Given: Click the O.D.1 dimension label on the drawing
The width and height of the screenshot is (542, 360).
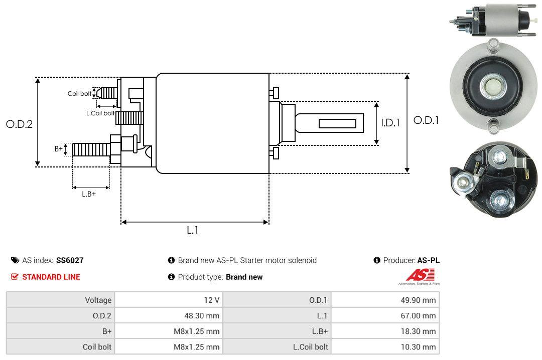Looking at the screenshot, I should point(426,120).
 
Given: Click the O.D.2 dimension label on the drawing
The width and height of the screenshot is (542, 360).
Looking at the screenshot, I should point(19,124).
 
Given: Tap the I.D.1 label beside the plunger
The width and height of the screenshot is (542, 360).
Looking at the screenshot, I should point(390,122).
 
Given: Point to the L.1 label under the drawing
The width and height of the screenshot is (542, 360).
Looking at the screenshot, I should point(193,230).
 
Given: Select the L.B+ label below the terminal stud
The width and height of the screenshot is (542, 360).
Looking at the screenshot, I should point(89,194).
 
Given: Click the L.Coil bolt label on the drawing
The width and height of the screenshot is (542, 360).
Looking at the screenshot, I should point(100,113).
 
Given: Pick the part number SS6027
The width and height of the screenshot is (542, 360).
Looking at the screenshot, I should point(70,260).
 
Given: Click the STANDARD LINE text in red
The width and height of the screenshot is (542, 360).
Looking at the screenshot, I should point(51,277).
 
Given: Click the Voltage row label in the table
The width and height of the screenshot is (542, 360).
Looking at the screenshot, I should point(98,300).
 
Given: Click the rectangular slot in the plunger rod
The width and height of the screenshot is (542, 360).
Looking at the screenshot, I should point(337,123).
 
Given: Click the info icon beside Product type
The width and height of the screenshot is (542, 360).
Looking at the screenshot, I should point(171,277).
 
